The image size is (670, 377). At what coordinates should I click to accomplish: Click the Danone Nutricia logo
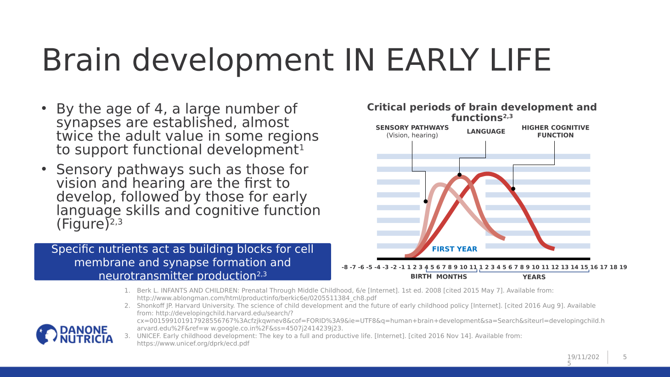(x=74, y=334)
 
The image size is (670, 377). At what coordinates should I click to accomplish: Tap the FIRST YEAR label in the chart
(x=454, y=249)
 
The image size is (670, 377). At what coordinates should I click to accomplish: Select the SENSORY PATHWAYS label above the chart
(x=412, y=128)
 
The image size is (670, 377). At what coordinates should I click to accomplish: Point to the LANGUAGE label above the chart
(x=486, y=131)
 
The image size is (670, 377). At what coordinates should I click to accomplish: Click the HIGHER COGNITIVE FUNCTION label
(x=555, y=131)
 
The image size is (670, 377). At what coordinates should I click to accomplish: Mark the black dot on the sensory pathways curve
(x=426, y=201)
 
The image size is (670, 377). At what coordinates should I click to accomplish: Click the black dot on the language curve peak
(x=460, y=175)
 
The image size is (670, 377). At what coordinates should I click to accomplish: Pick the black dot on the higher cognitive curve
(x=513, y=188)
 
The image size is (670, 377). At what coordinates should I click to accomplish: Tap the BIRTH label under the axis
(x=421, y=277)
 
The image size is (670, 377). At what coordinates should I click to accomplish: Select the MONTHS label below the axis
(x=451, y=277)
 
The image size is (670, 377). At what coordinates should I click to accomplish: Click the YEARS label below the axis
(x=534, y=277)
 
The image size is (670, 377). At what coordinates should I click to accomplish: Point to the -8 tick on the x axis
(x=345, y=267)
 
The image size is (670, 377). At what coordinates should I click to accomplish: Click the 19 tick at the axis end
(x=623, y=267)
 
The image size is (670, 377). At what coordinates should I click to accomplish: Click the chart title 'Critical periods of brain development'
(x=482, y=108)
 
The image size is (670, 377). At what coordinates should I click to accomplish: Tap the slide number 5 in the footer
(x=625, y=357)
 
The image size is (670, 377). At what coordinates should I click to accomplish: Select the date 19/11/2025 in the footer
(x=583, y=357)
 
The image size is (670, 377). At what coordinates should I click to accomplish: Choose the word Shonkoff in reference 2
(x=152, y=306)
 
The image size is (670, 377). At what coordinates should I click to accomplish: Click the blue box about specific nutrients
(x=182, y=262)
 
